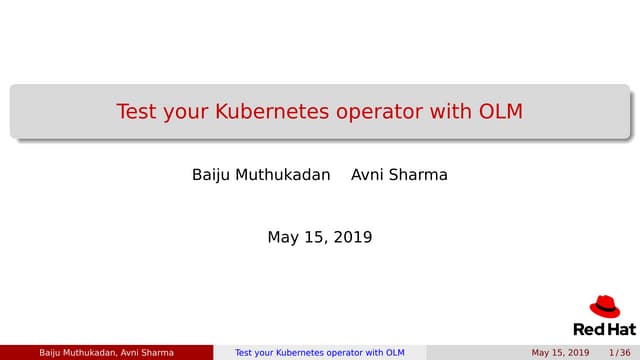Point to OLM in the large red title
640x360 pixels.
500,111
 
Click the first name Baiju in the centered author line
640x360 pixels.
210,175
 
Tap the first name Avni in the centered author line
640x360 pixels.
368,175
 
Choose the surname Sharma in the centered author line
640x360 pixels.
420,175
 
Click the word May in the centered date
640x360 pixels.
284,238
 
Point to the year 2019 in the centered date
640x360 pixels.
353,238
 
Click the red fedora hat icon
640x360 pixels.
605,307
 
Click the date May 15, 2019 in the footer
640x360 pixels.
560,353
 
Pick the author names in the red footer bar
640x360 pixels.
106,353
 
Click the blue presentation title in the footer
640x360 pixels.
319,353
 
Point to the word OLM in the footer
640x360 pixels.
395,353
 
